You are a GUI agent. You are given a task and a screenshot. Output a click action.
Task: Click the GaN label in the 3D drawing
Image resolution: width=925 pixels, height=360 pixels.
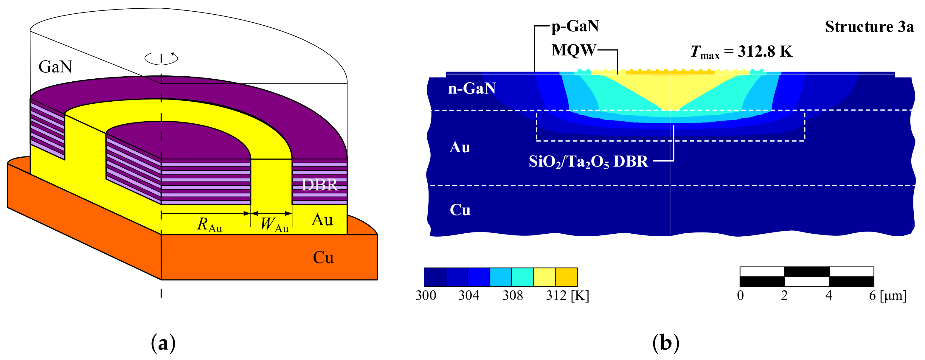pyautogui.click(x=55, y=67)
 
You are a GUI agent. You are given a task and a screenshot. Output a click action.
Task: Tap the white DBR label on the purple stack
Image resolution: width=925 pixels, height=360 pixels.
pyautogui.click(x=319, y=185)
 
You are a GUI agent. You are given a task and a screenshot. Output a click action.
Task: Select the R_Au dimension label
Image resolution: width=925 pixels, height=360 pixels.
pyautogui.click(x=209, y=225)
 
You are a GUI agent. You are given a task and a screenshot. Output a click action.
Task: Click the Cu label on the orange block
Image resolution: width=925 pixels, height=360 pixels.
pyautogui.click(x=323, y=257)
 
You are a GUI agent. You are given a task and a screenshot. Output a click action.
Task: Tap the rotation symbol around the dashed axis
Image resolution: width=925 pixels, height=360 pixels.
pyautogui.click(x=161, y=58)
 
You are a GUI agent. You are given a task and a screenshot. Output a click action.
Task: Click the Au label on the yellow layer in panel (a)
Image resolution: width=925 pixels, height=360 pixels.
pyautogui.click(x=322, y=220)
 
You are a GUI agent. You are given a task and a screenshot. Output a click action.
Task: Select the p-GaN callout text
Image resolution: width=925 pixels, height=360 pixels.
pyautogui.click(x=575, y=26)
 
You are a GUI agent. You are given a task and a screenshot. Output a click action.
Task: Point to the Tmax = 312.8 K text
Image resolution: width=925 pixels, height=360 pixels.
pyautogui.click(x=741, y=52)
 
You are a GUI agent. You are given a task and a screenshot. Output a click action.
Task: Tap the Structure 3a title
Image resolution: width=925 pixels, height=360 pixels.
pyautogui.click(x=869, y=27)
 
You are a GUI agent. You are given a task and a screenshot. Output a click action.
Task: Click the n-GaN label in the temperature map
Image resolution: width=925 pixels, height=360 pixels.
pyautogui.click(x=472, y=88)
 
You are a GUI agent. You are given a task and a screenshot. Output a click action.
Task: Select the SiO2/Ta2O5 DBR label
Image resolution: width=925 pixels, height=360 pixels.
pyautogui.click(x=588, y=162)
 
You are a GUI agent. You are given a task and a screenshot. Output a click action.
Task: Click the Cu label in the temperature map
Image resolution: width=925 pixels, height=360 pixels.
pyautogui.click(x=460, y=210)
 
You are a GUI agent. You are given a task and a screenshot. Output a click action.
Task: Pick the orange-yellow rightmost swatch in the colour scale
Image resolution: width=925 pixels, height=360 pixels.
pyautogui.click(x=566, y=277)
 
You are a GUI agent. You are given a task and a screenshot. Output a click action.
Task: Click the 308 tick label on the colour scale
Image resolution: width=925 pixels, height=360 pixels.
pyautogui.click(x=512, y=295)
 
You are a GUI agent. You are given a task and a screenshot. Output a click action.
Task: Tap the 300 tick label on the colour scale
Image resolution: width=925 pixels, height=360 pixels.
pyautogui.click(x=426, y=295)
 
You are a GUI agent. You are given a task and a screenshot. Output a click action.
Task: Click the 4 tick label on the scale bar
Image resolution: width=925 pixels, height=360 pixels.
pyautogui.click(x=828, y=295)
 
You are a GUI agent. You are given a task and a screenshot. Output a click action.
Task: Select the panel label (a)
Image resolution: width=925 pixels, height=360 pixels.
pyautogui.click(x=163, y=343)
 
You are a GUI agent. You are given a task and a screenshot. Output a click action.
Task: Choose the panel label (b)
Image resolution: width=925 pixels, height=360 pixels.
pyautogui.click(x=665, y=343)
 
